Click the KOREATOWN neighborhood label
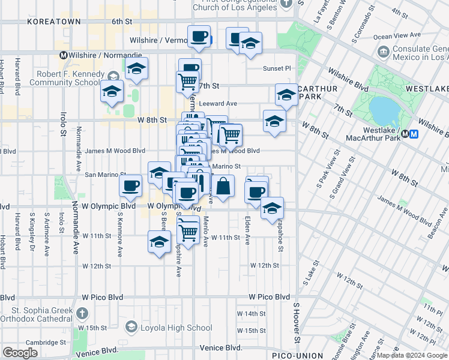tap(49, 22)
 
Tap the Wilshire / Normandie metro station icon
tap(62, 55)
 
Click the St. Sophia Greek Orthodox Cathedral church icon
tap(81, 314)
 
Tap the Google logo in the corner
tap(20, 353)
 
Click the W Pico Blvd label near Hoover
tap(269, 297)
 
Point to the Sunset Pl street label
tap(276, 68)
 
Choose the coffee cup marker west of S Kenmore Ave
tap(130, 186)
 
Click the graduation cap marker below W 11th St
tap(159, 242)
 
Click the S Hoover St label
tap(296, 323)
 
